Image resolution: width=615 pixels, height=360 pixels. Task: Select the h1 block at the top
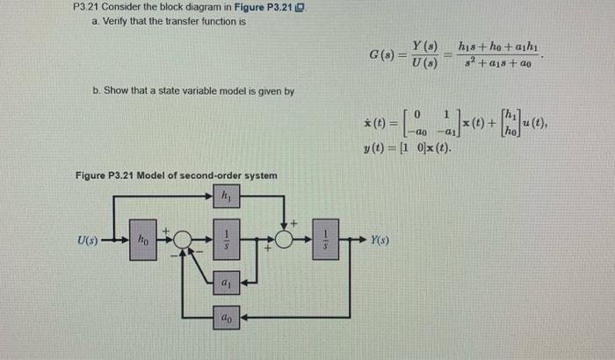tap(226, 198)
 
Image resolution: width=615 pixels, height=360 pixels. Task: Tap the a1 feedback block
tap(226, 284)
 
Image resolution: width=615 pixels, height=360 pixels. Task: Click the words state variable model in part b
tap(219, 90)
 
